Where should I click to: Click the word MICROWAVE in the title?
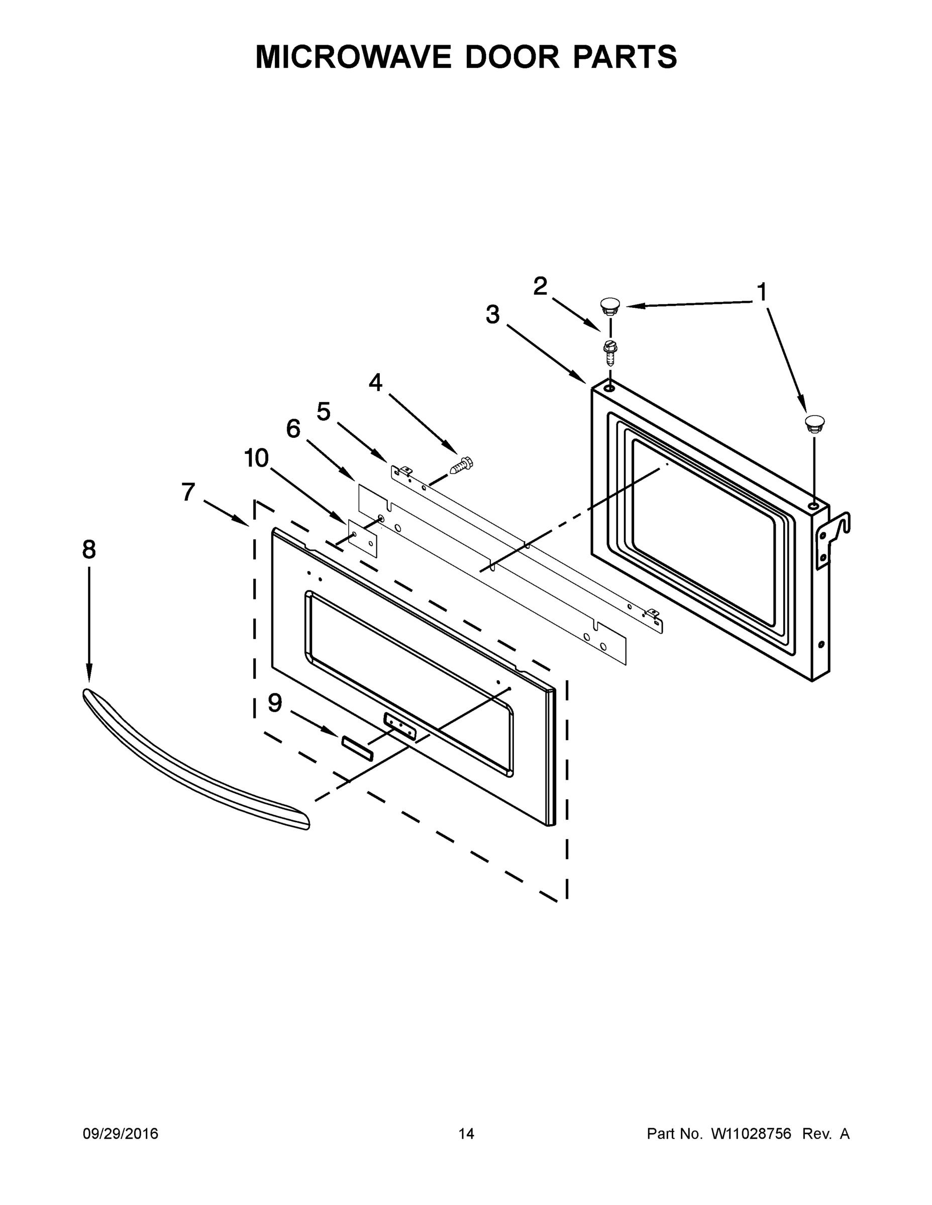(x=353, y=57)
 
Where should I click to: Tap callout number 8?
(x=89, y=550)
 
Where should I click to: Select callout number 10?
(x=257, y=458)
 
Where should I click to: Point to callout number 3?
(x=492, y=315)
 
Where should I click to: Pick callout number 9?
(x=275, y=703)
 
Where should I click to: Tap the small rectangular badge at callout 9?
(x=357, y=748)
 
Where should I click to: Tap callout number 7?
(x=188, y=492)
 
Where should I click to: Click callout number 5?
(x=324, y=412)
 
